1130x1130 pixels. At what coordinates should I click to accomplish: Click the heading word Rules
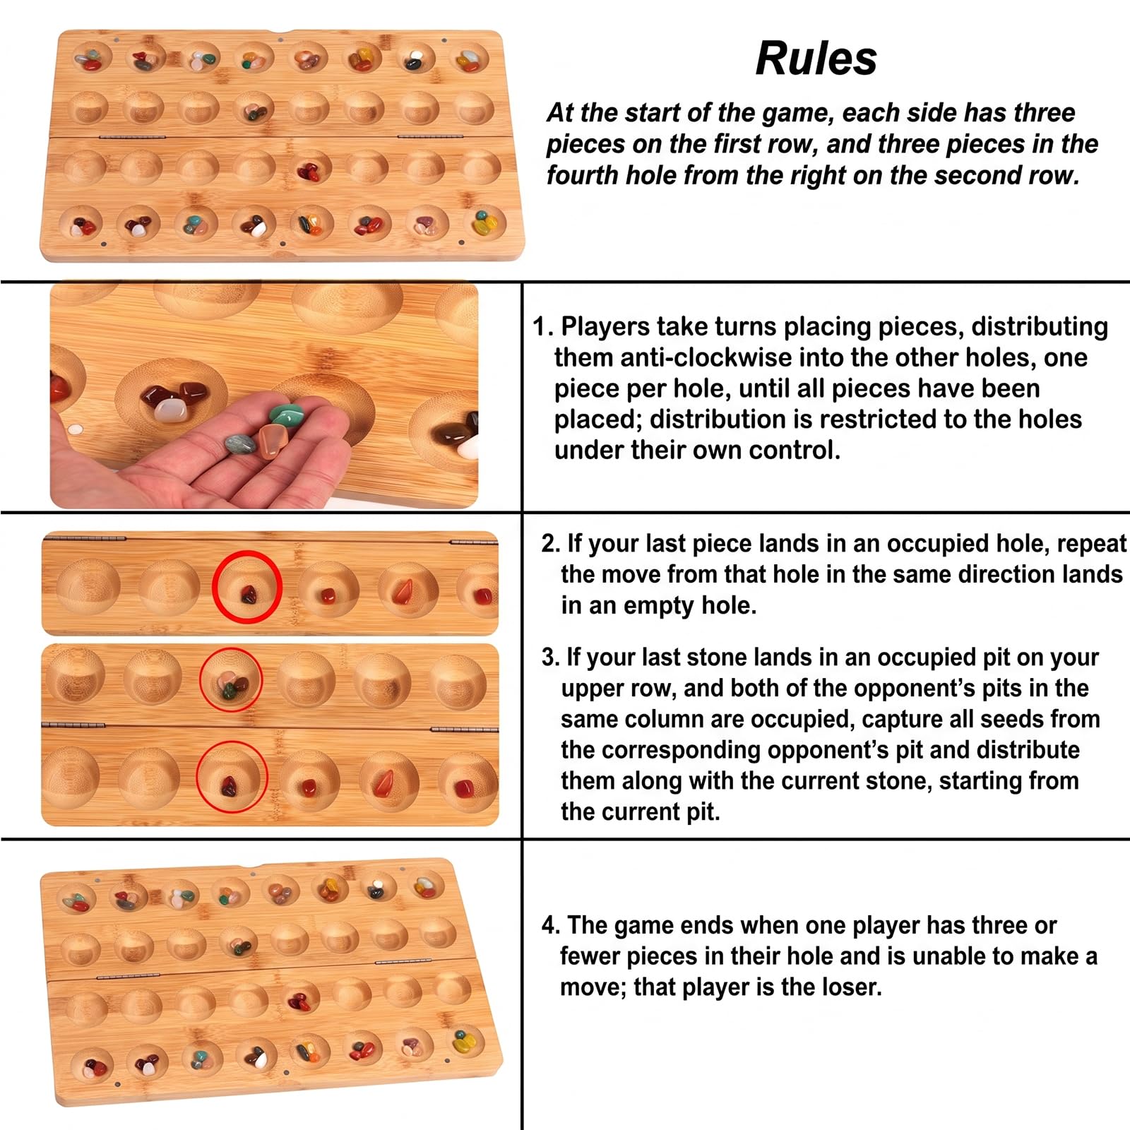coord(816,58)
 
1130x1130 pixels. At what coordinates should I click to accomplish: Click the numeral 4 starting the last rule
coord(549,924)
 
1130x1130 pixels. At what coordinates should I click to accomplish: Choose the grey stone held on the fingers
coord(241,444)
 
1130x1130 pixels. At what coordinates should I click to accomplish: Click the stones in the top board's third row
coord(309,171)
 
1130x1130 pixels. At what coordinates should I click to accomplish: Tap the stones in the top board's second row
coord(254,111)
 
